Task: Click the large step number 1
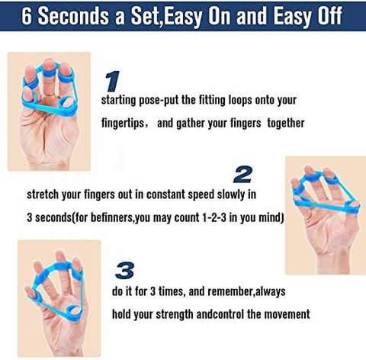coord(112,82)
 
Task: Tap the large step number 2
coord(242,175)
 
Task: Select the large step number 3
coord(125,271)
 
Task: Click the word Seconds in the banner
coord(74,16)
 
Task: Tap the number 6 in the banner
coord(27,16)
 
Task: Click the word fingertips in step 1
coord(123,124)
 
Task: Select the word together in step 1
coord(286,124)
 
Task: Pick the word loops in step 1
coord(240,100)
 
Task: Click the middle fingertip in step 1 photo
coord(48,64)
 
